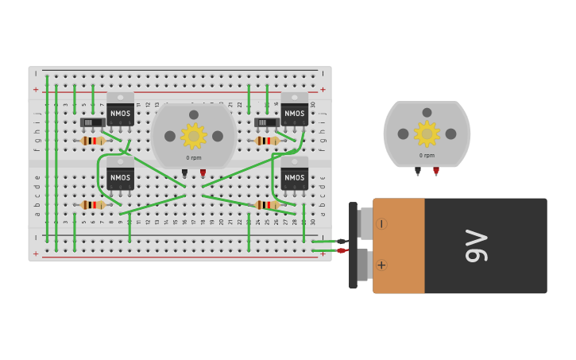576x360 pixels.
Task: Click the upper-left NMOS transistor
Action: tap(120, 112)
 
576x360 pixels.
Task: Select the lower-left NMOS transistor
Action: tap(120, 176)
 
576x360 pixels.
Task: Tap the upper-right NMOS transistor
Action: tap(294, 112)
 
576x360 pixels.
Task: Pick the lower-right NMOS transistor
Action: tap(294, 176)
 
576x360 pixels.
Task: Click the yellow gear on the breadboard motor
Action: tap(193, 136)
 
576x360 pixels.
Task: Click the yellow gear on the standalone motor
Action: tap(427, 134)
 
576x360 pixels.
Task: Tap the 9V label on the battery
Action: tap(476, 246)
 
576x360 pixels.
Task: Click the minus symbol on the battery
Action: tap(381, 224)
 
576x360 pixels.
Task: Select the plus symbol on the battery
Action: tap(381, 265)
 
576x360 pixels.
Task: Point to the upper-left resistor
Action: tap(93, 141)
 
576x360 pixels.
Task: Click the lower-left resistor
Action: tap(93, 205)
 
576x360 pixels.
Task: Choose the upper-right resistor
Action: tap(267, 141)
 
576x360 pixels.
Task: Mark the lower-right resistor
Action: tap(267, 205)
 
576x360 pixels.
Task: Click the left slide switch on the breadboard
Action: tap(92, 122)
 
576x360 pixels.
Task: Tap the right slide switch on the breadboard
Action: tap(265, 122)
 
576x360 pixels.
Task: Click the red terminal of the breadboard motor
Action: tap(203, 172)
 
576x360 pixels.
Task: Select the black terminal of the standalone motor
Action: tap(418, 170)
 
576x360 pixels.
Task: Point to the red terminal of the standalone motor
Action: tap(436, 170)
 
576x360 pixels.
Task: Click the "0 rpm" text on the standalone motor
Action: tap(427, 155)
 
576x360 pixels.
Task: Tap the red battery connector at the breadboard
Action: tap(341, 250)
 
